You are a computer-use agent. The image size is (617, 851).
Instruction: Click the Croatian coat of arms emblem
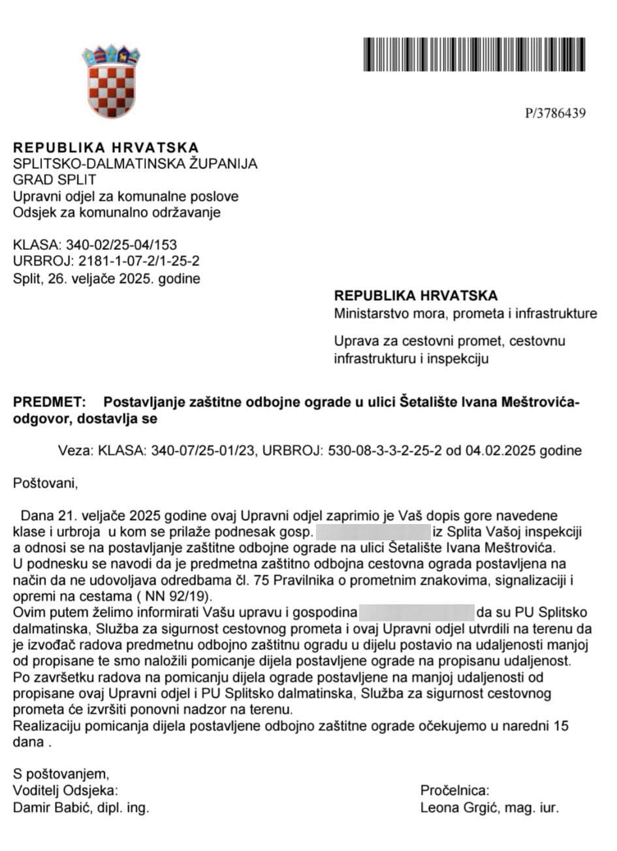(x=111, y=81)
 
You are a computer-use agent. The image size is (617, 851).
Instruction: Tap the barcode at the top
(x=474, y=54)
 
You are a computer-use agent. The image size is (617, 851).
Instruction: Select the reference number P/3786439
(x=555, y=114)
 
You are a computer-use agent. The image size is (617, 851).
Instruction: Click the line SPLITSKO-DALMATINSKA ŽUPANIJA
(x=135, y=164)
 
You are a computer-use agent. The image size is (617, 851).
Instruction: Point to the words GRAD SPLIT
(x=55, y=179)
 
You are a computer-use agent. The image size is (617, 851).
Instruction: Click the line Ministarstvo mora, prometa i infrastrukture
(x=465, y=314)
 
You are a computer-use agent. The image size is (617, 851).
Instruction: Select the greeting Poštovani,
(x=45, y=484)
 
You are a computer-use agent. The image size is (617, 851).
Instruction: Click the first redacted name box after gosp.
(x=373, y=532)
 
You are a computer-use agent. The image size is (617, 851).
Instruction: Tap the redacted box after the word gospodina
(x=417, y=613)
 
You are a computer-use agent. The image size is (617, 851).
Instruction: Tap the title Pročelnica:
(x=454, y=791)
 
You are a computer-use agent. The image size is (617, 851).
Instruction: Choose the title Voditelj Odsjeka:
(x=65, y=791)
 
